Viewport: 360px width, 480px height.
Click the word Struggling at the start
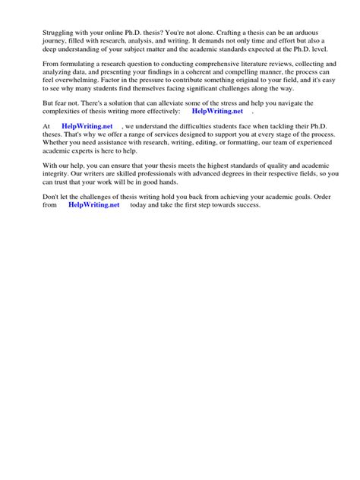(x=45, y=32)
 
